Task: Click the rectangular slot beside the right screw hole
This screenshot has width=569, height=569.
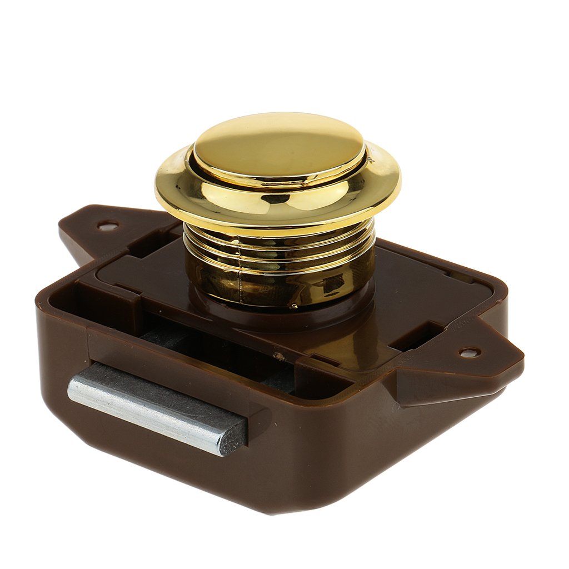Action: coord(422,336)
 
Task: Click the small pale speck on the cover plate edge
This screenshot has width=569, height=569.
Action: coord(275,354)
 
